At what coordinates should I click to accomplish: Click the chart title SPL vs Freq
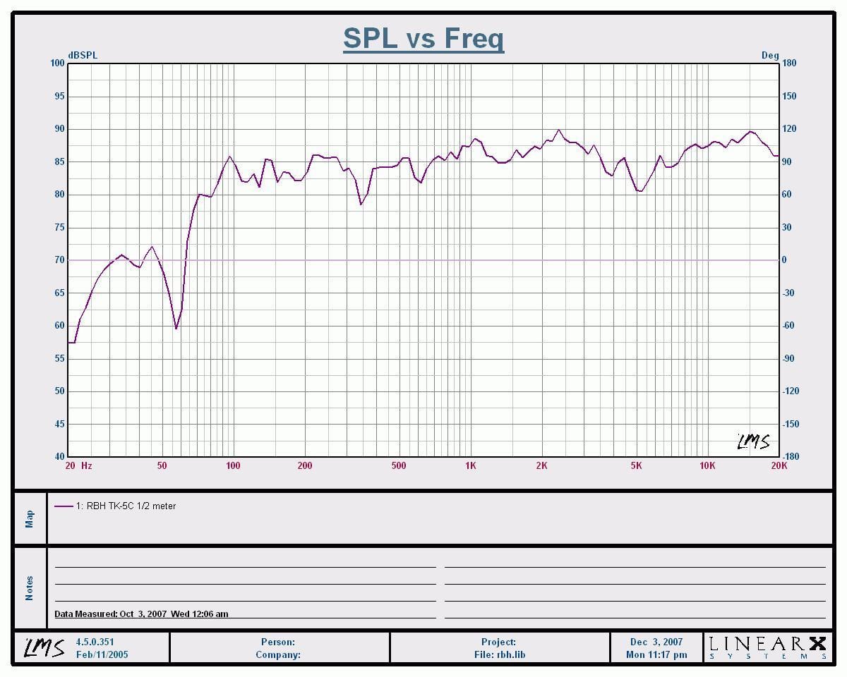423,38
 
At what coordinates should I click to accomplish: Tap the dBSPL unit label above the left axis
83,55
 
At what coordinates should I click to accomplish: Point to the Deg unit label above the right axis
770,55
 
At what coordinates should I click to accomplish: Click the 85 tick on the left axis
59,161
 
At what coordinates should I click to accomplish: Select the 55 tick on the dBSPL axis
59,358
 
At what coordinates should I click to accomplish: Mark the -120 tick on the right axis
791,391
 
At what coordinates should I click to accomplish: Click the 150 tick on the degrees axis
789,97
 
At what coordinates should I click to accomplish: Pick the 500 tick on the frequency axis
399,465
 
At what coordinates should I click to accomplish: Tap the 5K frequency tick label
636,465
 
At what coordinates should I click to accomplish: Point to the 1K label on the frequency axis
470,465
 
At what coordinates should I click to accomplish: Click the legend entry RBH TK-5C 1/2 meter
126,506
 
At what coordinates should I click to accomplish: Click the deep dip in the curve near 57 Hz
176,328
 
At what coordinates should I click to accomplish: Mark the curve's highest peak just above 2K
558,130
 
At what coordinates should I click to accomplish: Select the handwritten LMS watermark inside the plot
753,441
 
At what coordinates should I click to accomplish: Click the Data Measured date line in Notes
141,614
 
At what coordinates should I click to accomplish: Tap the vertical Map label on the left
30,519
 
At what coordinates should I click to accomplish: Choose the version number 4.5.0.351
95,642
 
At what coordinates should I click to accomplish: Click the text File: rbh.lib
500,654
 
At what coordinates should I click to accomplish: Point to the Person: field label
278,642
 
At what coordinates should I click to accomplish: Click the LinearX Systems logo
768,648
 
